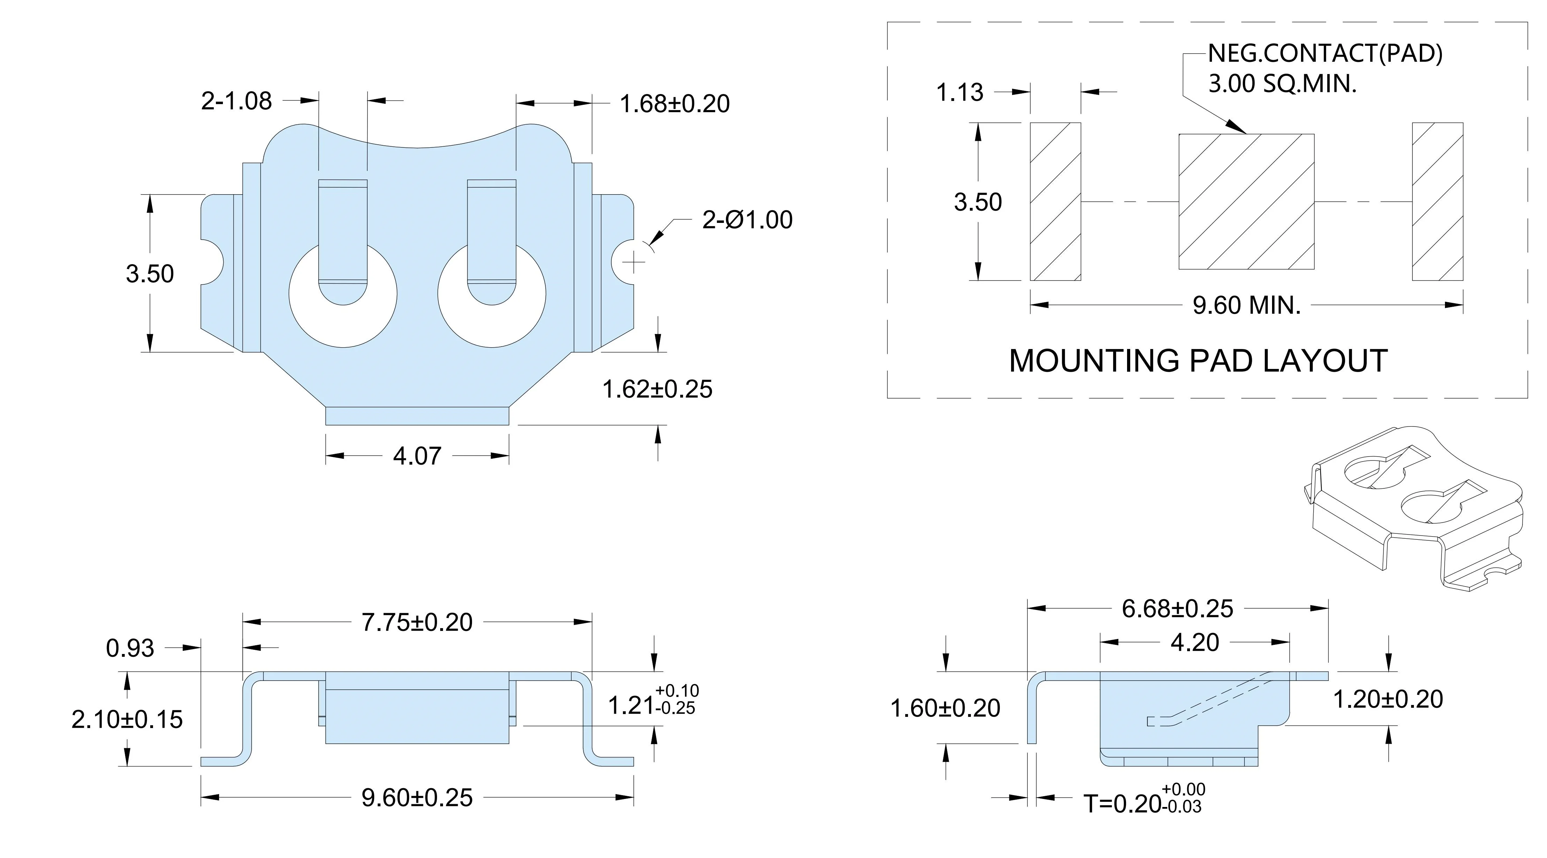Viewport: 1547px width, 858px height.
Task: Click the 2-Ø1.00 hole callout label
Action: [x=747, y=220]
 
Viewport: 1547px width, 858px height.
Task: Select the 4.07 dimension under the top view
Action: [x=417, y=456]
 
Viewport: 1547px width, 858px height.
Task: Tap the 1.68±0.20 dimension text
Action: [x=674, y=104]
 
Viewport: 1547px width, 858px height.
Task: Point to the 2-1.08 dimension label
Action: [x=237, y=101]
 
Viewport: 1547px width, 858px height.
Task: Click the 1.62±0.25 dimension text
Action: [x=657, y=389]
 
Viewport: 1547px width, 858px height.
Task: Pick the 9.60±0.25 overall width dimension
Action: [x=417, y=797]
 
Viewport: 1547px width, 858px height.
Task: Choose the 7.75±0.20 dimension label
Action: [x=417, y=622]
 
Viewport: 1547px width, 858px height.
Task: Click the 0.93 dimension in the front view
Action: [x=130, y=648]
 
